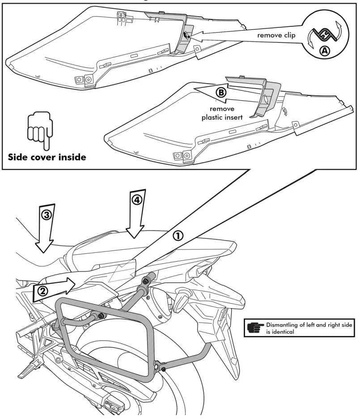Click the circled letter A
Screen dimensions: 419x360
pyautogui.click(x=326, y=51)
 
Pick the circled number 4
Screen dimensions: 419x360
pyautogui.click(x=137, y=200)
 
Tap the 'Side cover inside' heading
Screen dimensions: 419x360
pyautogui.click(x=47, y=157)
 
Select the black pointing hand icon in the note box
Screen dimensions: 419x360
pyautogui.click(x=255, y=328)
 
